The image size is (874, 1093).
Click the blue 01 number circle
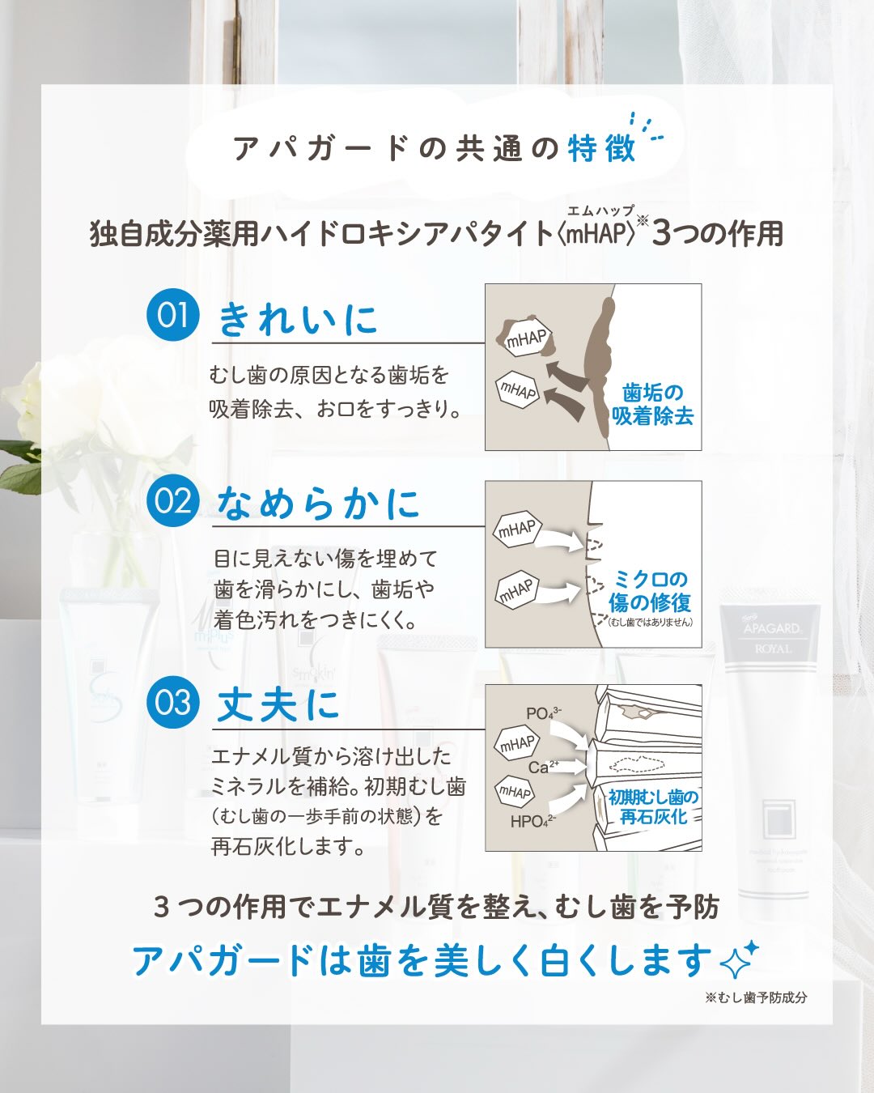point(172,314)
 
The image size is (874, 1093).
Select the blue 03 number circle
point(172,702)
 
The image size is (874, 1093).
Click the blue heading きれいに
point(298,320)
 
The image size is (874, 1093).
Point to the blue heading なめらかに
point(318,504)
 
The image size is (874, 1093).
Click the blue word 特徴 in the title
point(602,148)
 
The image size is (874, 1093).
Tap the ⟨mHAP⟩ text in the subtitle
point(597,234)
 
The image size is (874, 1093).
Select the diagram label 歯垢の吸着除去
point(653,404)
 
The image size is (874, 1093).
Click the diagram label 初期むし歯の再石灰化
point(654,807)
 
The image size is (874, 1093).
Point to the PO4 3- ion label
point(543,713)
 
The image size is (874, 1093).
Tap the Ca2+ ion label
point(543,766)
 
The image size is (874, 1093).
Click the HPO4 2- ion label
point(533,821)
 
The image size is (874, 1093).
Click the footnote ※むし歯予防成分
point(756,997)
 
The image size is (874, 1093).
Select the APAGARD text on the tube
point(772,627)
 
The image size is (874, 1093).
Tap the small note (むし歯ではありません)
point(651,622)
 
